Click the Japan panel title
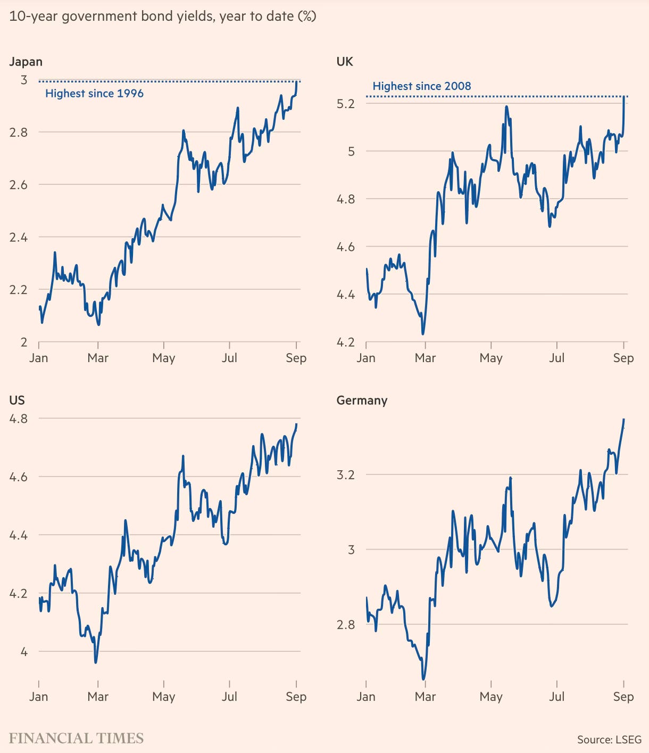pos(26,62)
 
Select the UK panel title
pos(345,62)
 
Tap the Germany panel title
pos(362,400)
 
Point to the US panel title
pos(16,400)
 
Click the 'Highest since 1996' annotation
pos(94,94)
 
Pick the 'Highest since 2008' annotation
pos(422,86)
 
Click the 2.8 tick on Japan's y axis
pos(19,132)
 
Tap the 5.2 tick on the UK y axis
pos(345,104)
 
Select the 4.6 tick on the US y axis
pos(18,477)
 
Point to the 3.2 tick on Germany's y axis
pos(345,475)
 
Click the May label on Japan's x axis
pos(163,358)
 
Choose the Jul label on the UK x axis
pos(556,358)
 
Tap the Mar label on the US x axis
pos(98,697)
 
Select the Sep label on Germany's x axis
pos(623,697)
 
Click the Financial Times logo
pos(76,739)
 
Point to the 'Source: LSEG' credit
pos(609,740)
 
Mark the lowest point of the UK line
pos(422,334)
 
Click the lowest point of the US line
pos(96,662)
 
